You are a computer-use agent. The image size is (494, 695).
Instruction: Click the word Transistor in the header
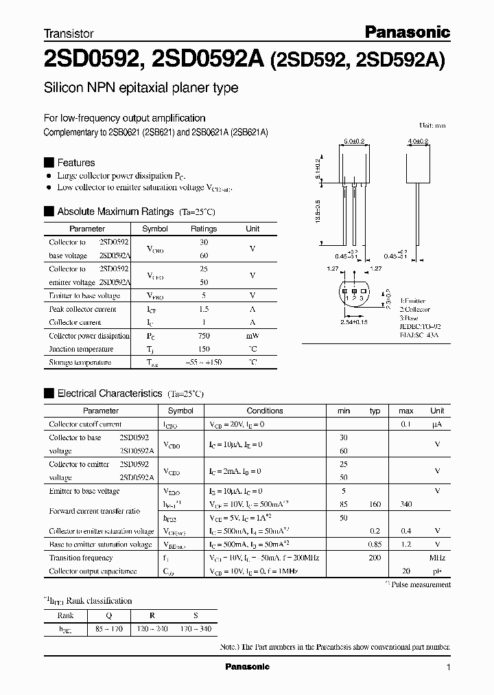pyautogui.click(x=69, y=33)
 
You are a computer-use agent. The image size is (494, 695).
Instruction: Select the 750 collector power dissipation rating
pyautogui.click(x=204, y=336)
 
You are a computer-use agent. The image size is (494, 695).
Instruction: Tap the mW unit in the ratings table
pyautogui.click(x=252, y=336)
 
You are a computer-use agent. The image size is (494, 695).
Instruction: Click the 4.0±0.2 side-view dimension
pyautogui.click(x=418, y=141)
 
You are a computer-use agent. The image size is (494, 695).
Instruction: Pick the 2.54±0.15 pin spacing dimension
pyautogui.click(x=354, y=321)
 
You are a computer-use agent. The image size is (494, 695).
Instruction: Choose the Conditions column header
pyautogui.click(x=264, y=411)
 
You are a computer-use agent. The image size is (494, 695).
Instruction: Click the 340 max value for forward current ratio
pyautogui.click(x=405, y=505)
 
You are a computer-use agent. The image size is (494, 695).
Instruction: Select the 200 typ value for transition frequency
pyautogui.click(x=375, y=558)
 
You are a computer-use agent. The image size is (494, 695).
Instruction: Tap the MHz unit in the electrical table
pyautogui.click(x=437, y=558)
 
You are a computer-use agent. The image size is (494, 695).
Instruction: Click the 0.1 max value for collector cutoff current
pyautogui.click(x=405, y=424)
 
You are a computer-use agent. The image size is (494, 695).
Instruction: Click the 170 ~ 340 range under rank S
pyautogui.click(x=198, y=629)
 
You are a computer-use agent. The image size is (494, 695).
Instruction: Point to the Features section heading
pyautogui.click(x=75, y=163)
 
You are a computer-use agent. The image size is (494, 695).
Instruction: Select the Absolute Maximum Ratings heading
pyautogui.click(x=116, y=212)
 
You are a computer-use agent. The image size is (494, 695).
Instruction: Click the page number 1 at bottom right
pyautogui.click(x=448, y=667)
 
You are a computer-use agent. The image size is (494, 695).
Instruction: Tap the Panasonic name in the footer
pyautogui.click(x=248, y=667)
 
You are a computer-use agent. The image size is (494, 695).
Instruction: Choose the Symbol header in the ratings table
pyautogui.click(x=154, y=229)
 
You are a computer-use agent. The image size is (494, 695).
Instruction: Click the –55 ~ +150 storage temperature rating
pyautogui.click(x=204, y=362)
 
